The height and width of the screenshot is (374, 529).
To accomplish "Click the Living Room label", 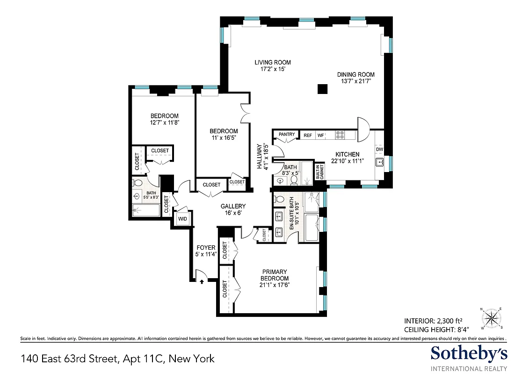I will point(272,62).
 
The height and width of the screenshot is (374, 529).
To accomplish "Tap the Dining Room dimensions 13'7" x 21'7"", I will point(357,81).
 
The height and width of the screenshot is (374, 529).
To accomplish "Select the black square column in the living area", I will point(321,89).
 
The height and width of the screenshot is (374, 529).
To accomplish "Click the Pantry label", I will point(287,135).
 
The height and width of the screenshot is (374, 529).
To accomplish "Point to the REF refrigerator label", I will point(307,136).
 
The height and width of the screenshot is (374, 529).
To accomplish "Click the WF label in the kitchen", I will point(321,136).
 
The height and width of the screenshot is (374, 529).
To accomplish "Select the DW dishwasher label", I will point(379,150).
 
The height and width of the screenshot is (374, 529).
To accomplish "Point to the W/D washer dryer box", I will point(182,219).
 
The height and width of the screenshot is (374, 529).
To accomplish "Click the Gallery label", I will point(233,206).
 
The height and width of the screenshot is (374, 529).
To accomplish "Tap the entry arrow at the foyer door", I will point(202,281).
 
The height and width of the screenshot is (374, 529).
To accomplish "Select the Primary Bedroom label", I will point(275,275).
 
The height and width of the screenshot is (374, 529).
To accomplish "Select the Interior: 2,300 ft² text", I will point(433,321).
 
